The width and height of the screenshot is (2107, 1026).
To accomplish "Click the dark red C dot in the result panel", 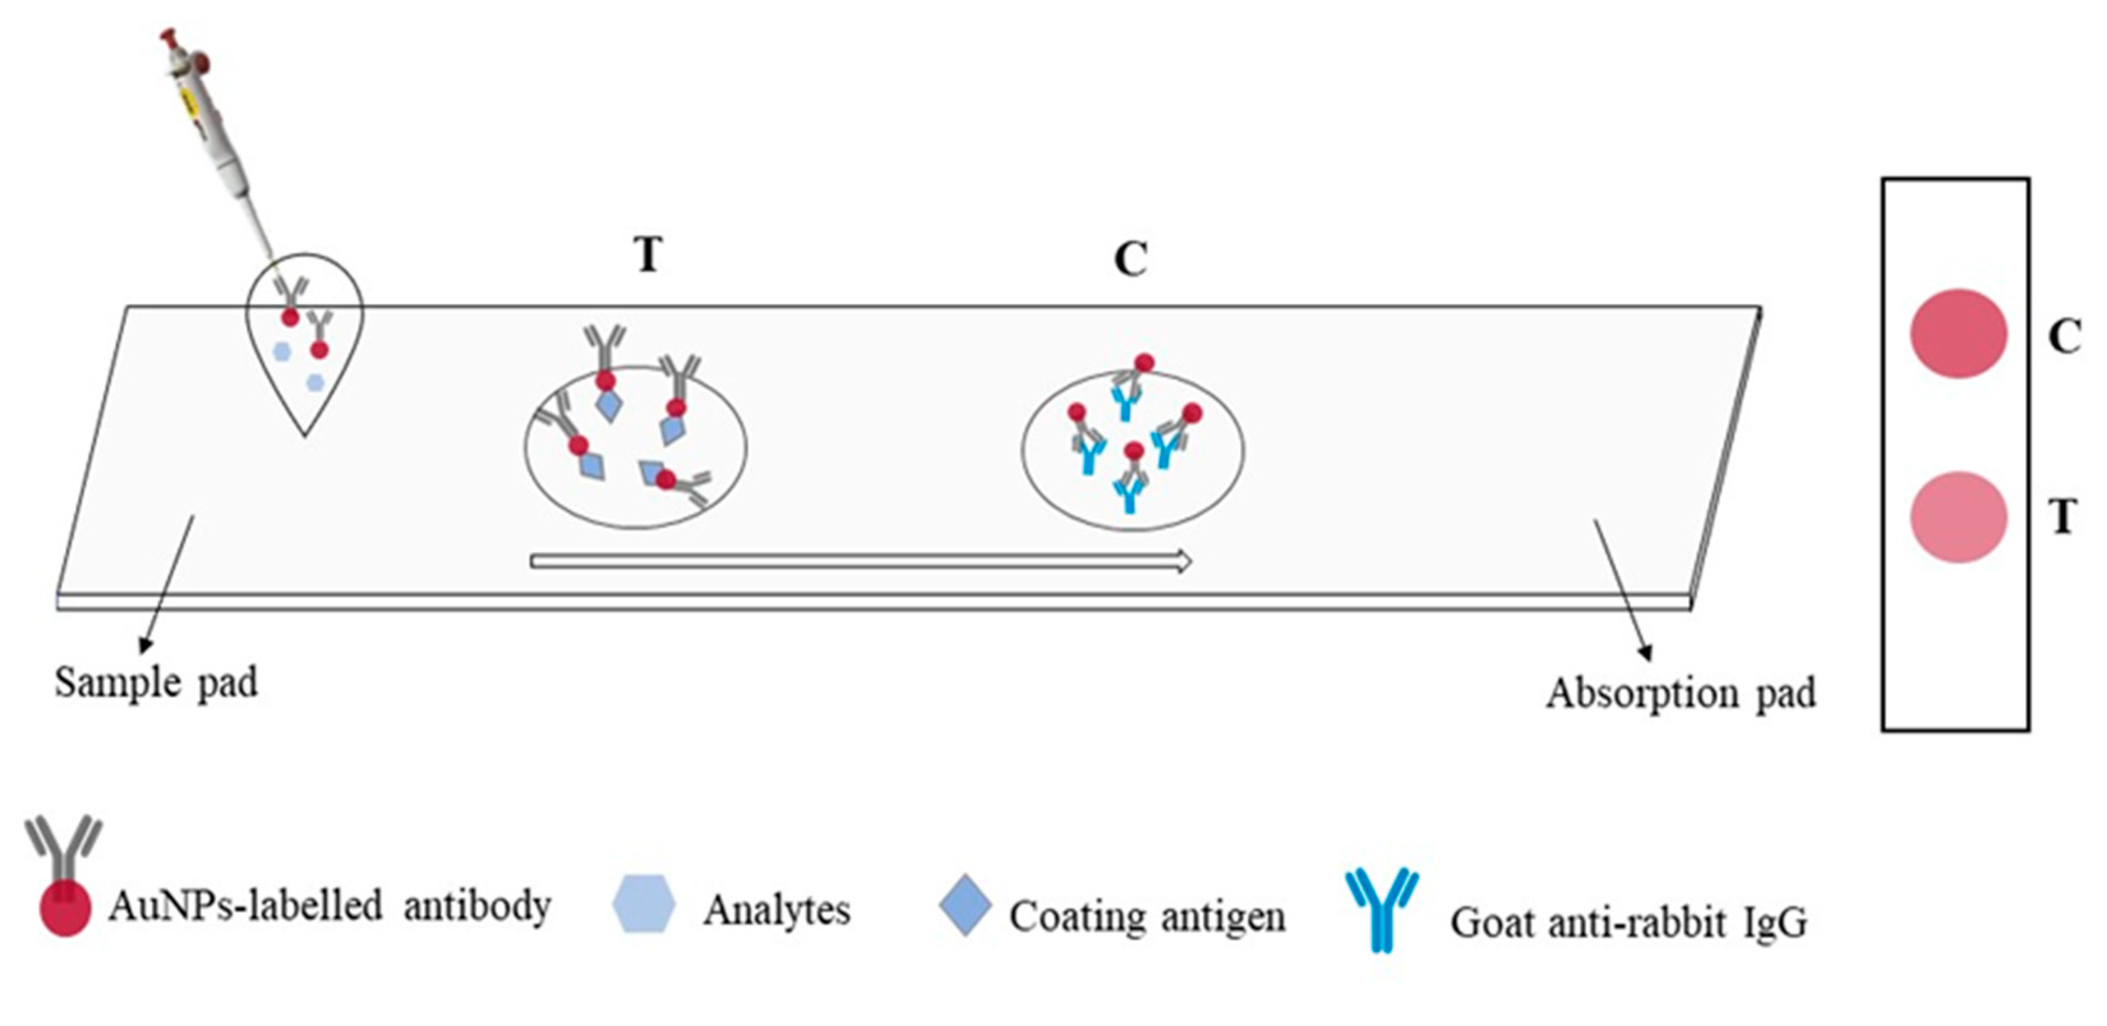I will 1958,334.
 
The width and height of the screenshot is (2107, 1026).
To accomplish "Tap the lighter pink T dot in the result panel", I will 1958,517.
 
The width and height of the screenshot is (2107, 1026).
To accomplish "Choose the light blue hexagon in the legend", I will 644,904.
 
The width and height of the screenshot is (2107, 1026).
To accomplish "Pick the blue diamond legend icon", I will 965,905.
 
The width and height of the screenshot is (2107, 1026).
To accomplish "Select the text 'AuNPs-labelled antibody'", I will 329,907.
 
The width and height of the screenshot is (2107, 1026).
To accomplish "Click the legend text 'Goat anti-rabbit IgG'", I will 1627,924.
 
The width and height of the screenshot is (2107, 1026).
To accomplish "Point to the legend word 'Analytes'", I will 777,910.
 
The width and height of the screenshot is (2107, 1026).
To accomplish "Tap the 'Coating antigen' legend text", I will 1147,916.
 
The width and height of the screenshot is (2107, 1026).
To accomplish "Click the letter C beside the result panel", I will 2064,335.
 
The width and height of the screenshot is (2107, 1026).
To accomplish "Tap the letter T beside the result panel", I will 2063,516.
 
